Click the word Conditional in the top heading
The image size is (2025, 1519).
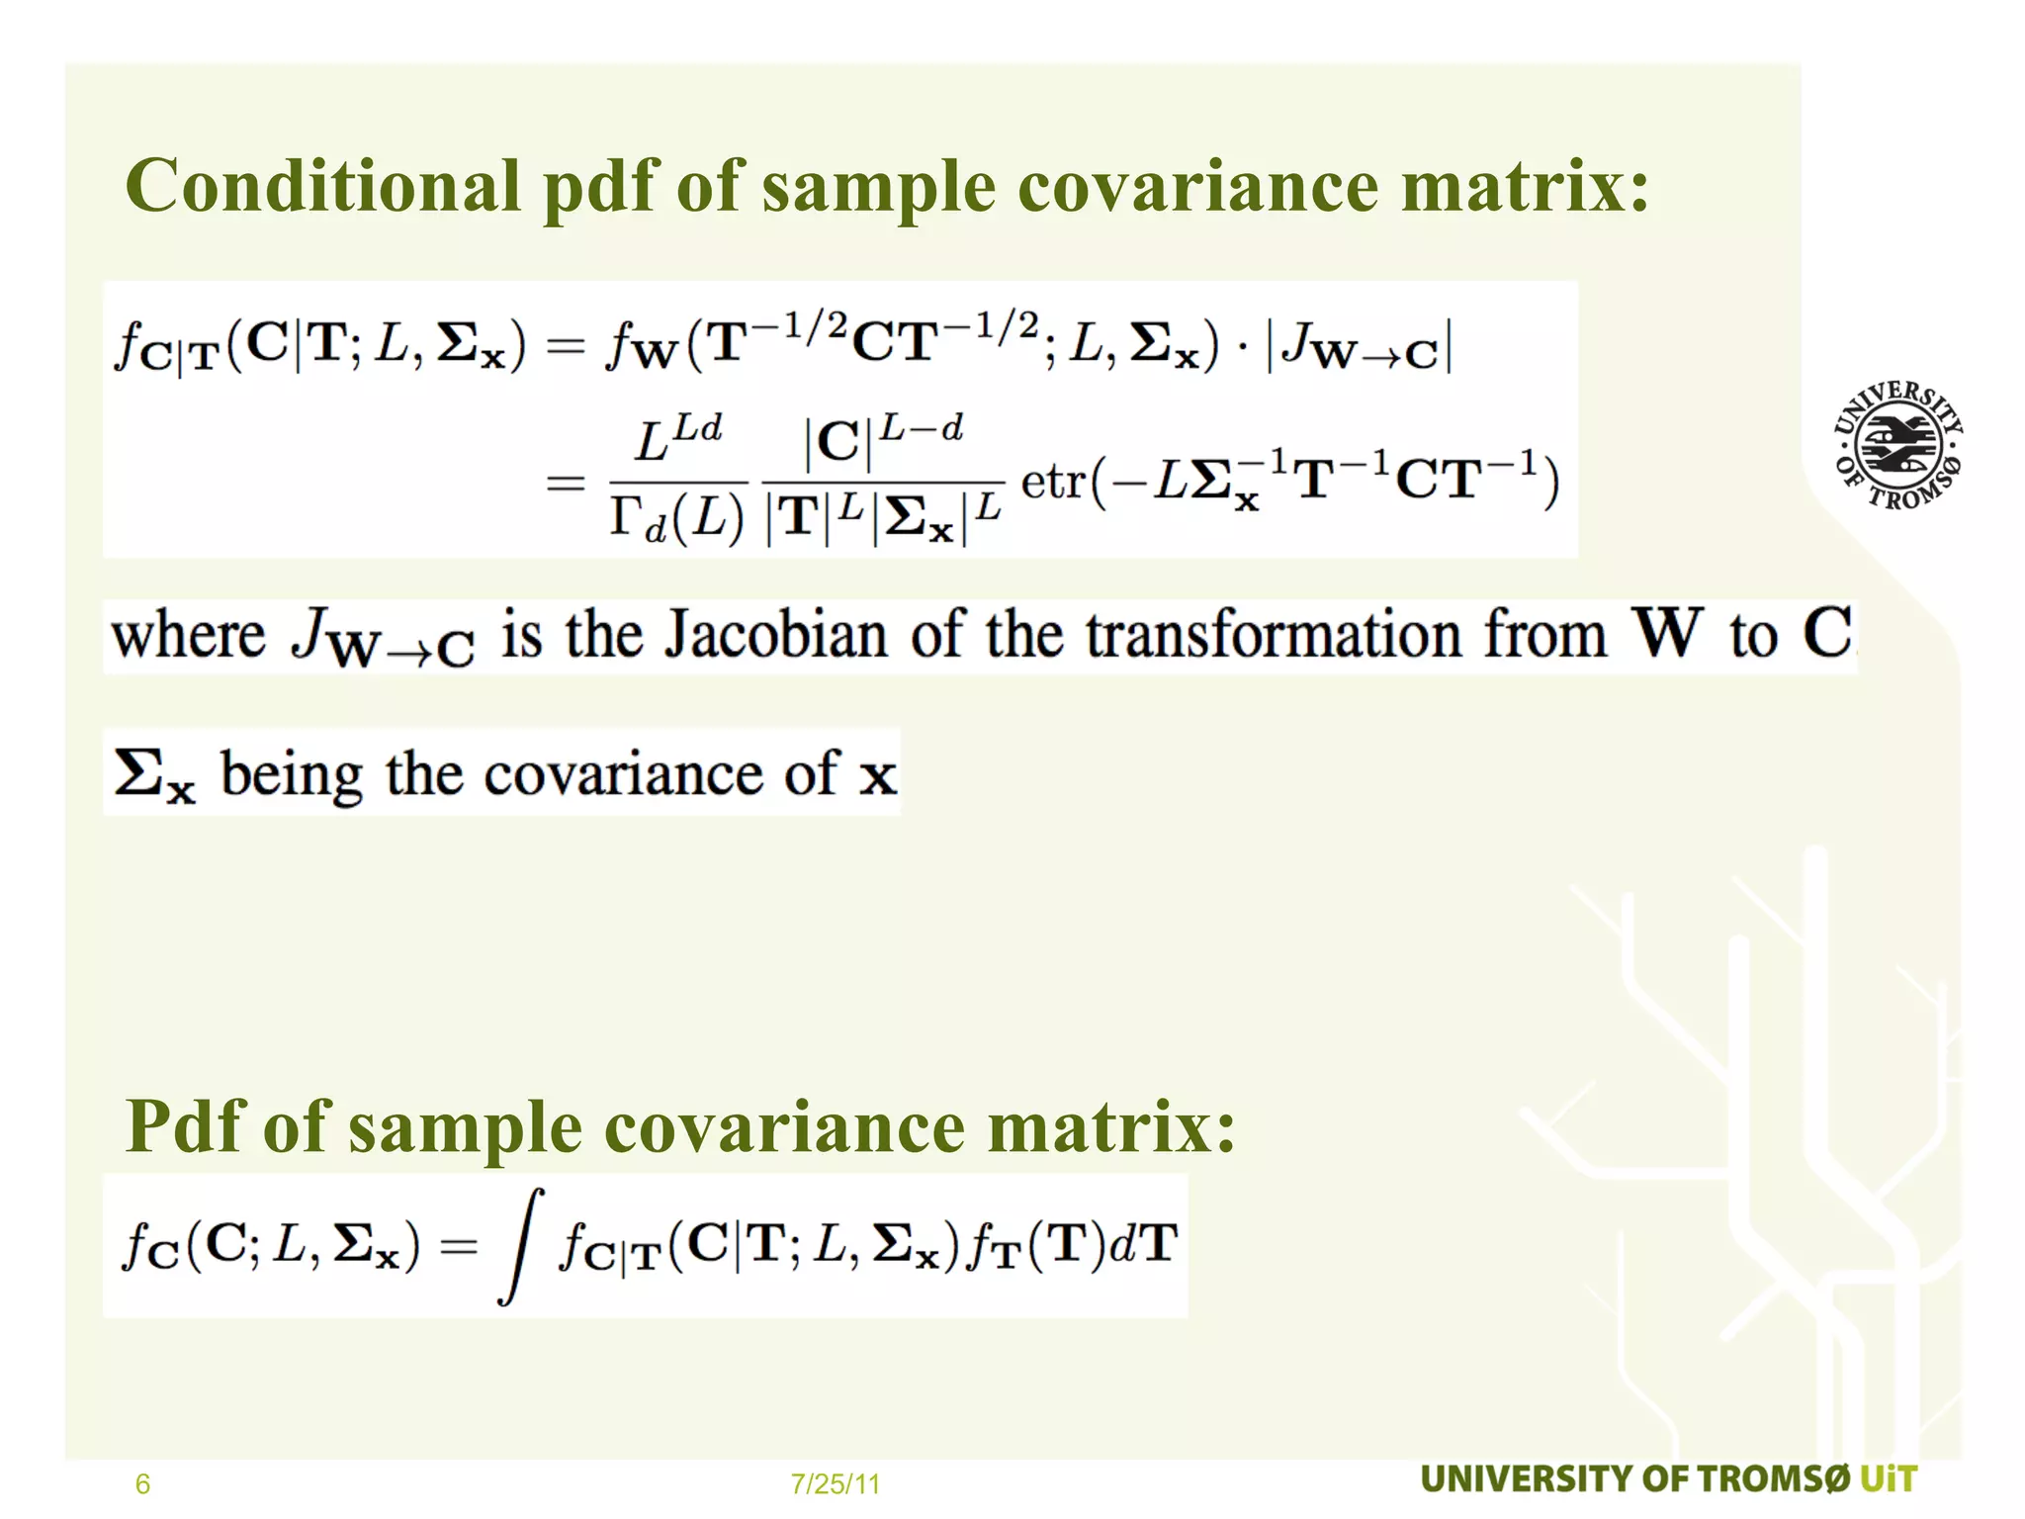[x=322, y=186]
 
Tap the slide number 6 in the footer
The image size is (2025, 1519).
[x=142, y=1483]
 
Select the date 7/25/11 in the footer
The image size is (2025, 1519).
[x=835, y=1483]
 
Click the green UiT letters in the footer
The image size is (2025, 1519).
[x=1888, y=1479]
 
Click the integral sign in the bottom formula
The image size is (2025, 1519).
[x=522, y=1246]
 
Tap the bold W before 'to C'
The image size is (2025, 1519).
[x=1667, y=632]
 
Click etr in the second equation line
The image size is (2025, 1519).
[x=1053, y=483]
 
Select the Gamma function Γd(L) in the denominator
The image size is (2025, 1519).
[x=676, y=518]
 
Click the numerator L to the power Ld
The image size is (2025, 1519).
[x=677, y=440]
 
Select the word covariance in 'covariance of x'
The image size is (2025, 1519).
[x=623, y=774]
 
